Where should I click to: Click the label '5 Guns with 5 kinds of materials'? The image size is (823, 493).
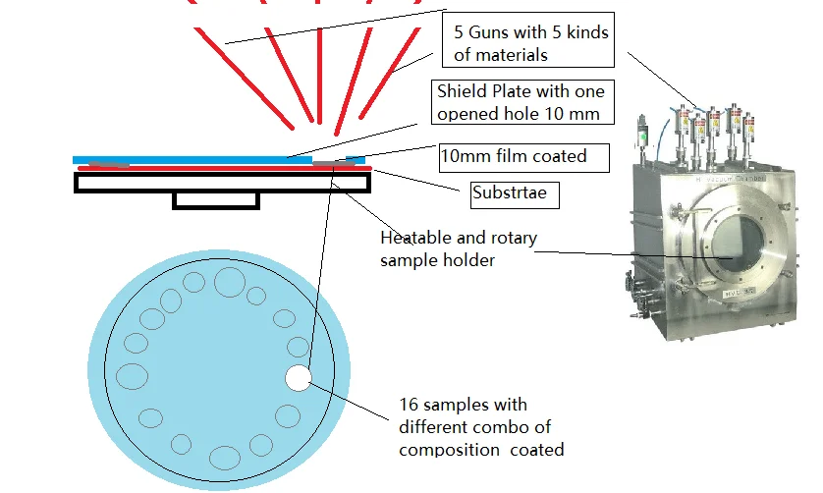530,43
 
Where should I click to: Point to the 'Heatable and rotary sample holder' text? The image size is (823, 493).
458,249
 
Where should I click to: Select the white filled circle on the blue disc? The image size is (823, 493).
298,377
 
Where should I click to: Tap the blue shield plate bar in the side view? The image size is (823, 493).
196,159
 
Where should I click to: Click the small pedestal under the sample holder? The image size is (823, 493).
215,200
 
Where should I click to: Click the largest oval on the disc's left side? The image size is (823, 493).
132,375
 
